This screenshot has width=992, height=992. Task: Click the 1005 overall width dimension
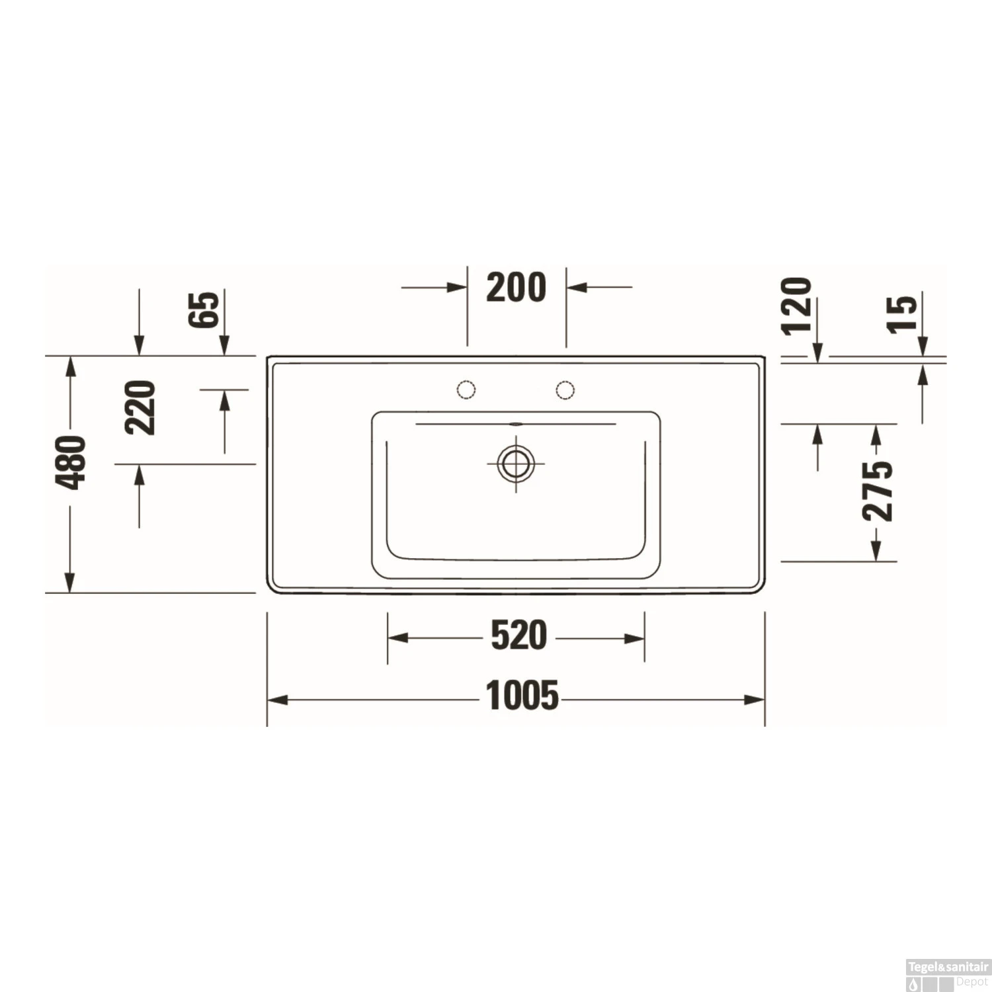[x=522, y=696]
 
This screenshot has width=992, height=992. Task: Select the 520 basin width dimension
[x=518, y=636]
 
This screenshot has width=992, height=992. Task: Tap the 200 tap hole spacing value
[x=516, y=288]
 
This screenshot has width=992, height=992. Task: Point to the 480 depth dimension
[x=71, y=462]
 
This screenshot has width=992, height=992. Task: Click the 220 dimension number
[x=140, y=407]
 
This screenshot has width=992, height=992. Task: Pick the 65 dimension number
[x=204, y=309]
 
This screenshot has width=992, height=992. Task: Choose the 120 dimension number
[x=796, y=306]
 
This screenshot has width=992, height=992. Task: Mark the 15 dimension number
[x=903, y=313]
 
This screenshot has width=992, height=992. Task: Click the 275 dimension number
[x=878, y=490]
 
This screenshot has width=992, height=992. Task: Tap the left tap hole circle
[x=466, y=390]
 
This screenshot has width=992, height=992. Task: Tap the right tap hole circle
[x=565, y=390]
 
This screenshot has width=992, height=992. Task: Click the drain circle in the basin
[x=516, y=463]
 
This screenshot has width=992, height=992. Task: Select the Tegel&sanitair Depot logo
[x=948, y=975]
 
